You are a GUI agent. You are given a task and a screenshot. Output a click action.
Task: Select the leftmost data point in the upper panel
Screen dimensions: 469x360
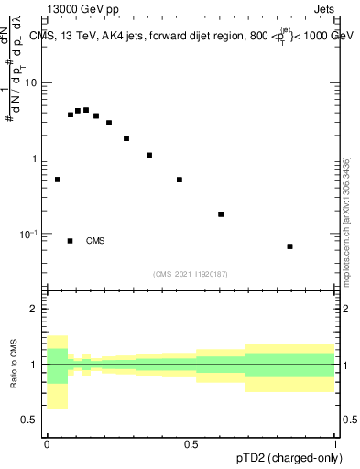58,180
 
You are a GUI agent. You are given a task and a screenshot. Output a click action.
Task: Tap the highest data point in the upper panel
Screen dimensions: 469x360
86,110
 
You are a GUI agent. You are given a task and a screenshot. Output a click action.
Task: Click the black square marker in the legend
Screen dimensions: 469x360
71,241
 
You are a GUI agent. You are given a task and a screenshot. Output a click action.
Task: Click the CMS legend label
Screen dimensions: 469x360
95,241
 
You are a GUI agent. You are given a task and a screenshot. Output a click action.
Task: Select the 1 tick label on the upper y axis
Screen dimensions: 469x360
35,158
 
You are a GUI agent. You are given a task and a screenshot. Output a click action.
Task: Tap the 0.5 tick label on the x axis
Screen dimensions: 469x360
191,443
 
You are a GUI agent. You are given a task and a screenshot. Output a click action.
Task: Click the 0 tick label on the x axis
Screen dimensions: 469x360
47,443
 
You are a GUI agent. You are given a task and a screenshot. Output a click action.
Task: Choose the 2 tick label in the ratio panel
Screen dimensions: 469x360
35,310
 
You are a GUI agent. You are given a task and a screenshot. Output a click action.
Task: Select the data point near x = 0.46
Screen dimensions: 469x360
180,180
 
